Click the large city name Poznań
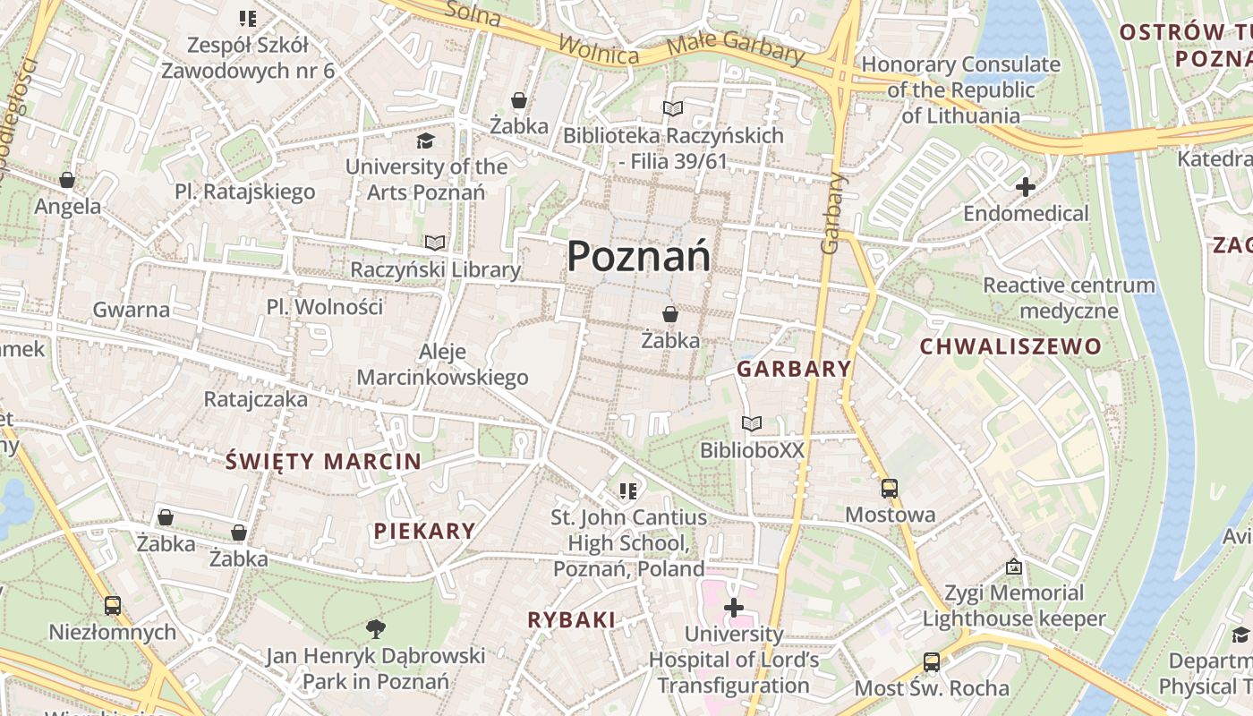point(639,257)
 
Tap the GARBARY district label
point(794,369)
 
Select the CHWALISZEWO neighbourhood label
point(1010,346)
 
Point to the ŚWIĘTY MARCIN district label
point(323,462)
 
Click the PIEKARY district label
point(424,531)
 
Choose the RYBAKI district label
point(571,619)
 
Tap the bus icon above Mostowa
point(889,489)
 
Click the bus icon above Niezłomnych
point(113,606)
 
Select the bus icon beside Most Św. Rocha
point(931,662)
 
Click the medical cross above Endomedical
point(1026,187)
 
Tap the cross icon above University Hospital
point(733,609)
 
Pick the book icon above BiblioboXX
point(752,423)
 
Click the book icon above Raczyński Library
point(435,243)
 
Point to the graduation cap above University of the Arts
point(425,141)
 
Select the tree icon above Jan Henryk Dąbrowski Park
point(376,628)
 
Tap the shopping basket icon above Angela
point(67,180)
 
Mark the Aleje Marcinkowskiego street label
point(442,364)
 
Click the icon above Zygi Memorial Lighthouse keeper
point(1014,567)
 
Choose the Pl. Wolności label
point(324,307)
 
